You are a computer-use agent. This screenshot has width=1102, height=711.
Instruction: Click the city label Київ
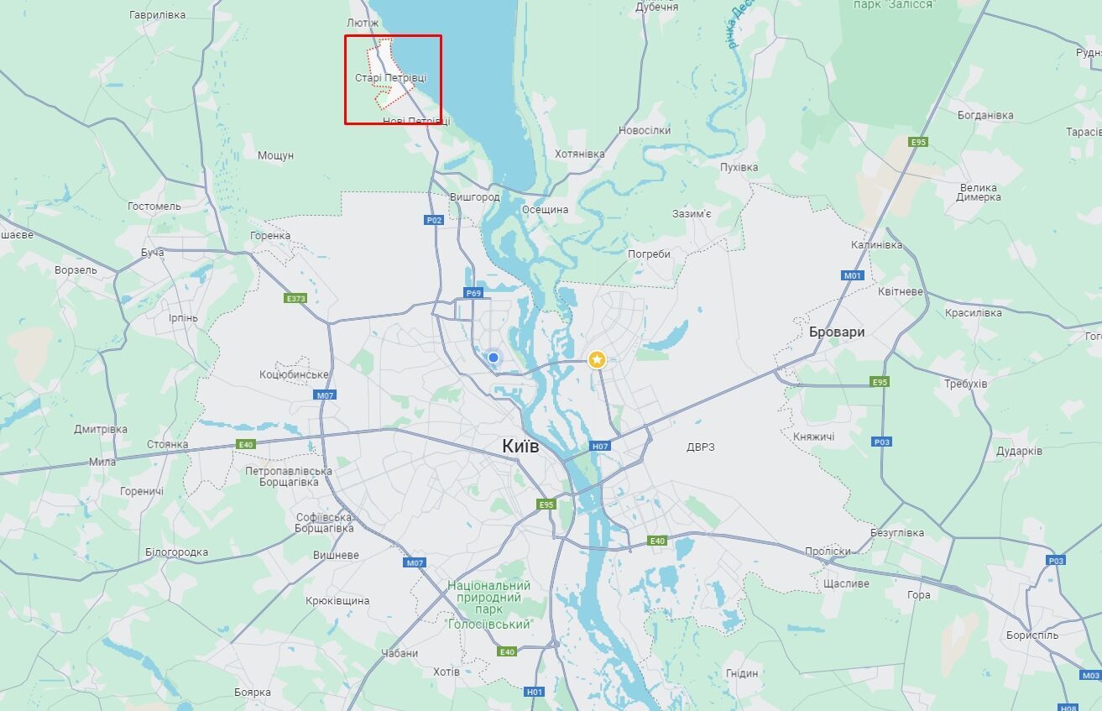click(x=520, y=446)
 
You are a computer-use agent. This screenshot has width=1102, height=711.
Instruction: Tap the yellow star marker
click(x=597, y=359)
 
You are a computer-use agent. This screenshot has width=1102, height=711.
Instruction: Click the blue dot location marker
click(x=494, y=358)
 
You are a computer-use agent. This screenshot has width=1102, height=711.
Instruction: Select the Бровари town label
click(x=836, y=332)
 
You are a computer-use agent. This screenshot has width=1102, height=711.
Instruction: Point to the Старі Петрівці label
click(x=390, y=78)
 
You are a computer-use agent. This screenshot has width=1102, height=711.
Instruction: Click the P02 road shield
click(x=433, y=220)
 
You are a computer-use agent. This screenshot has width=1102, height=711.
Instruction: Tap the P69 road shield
click(x=473, y=293)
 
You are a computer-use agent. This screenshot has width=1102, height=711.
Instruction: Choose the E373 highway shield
click(x=295, y=298)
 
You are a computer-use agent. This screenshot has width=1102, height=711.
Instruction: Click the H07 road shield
click(x=599, y=447)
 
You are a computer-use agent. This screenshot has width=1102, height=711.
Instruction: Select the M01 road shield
click(x=853, y=275)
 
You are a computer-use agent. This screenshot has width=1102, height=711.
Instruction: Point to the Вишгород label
click(x=474, y=197)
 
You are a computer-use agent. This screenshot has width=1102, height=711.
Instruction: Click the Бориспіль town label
click(x=1031, y=635)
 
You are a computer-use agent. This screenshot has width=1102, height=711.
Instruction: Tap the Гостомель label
click(x=154, y=207)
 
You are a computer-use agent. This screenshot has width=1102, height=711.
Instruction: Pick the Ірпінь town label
click(x=183, y=318)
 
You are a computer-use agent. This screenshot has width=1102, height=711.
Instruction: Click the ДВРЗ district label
click(x=700, y=447)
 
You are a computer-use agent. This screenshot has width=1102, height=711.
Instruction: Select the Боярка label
click(x=253, y=693)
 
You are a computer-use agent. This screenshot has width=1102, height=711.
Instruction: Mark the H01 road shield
click(x=535, y=692)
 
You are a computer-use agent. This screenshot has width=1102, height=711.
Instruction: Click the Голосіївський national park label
click(x=489, y=604)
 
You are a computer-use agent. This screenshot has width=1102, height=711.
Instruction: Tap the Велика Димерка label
click(x=978, y=192)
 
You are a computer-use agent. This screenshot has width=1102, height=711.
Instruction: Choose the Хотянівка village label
click(x=579, y=154)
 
